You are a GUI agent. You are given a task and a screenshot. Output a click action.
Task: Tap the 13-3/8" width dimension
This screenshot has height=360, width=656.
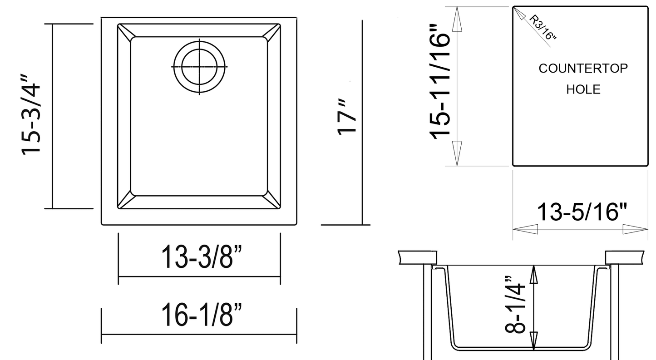[198, 257]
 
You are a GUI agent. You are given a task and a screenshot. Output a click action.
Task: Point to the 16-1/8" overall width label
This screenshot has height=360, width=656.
[198, 315]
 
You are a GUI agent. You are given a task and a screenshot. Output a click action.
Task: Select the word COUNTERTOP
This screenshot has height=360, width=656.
[583, 69]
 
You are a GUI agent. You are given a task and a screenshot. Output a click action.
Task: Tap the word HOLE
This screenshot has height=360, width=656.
[583, 89]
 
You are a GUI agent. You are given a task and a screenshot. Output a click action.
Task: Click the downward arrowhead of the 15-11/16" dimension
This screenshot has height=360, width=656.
[457, 153]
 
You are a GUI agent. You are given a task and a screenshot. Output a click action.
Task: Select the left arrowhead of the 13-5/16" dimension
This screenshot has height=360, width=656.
[525, 229]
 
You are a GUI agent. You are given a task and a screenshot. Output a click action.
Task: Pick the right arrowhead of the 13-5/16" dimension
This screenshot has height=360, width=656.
[635, 229]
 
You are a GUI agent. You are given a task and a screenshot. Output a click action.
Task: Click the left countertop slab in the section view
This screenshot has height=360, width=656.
[417, 257]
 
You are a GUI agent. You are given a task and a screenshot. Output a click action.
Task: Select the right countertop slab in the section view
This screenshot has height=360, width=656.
[624, 257]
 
